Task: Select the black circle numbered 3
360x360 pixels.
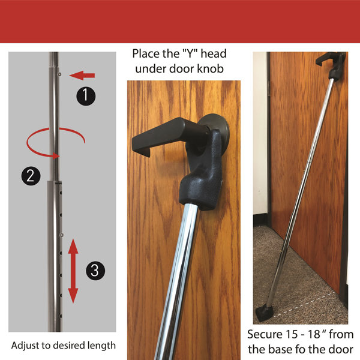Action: (x=94, y=270)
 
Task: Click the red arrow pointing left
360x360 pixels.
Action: (x=82, y=76)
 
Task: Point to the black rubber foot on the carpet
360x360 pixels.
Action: (x=265, y=312)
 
